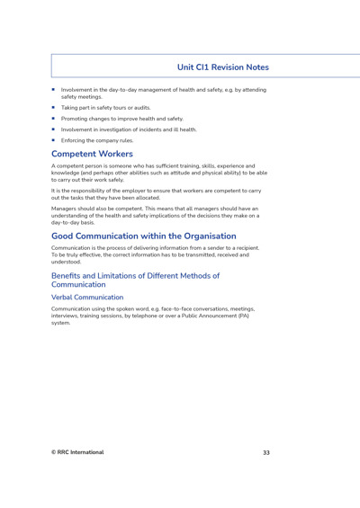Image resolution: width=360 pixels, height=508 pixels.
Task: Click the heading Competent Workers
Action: [x=93, y=154]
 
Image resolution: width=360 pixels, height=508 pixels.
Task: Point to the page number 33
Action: [x=265, y=452]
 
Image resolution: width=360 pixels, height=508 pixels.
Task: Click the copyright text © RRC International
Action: [x=77, y=452]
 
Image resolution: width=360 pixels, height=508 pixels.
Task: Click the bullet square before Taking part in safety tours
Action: [x=54, y=107]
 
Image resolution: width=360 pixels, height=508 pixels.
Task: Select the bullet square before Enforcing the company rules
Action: [x=54, y=140]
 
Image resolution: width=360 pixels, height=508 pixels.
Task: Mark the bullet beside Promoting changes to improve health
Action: [x=54, y=119]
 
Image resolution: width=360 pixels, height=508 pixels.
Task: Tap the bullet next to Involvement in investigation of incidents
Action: [x=54, y=129]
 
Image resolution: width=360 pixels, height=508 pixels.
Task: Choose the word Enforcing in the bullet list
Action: [x=75, y=140]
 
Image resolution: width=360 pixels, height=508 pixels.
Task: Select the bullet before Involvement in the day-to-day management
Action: [x=54, y=90]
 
